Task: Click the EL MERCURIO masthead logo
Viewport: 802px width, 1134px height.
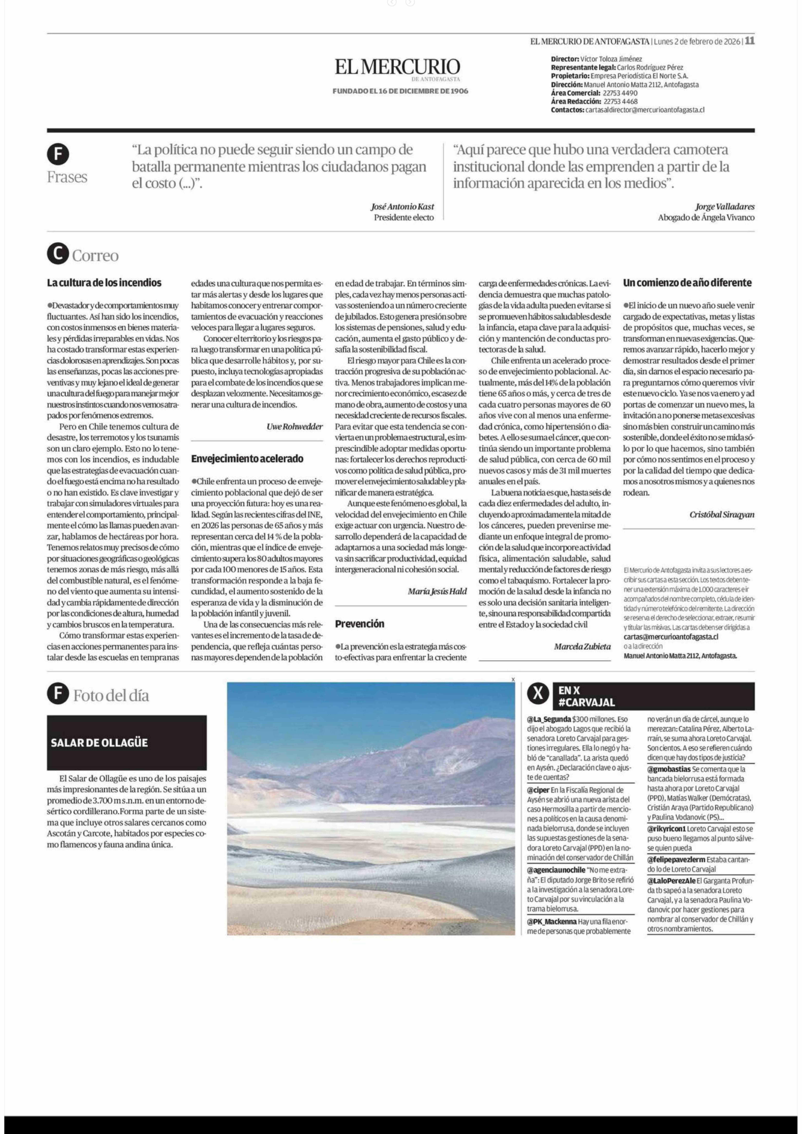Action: (x=398, y=67)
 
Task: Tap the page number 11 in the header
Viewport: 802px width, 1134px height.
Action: (x=750, y=41)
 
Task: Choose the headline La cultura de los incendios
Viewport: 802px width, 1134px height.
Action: (x=104, y=283)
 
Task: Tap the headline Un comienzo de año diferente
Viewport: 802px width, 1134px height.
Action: (x=687, y=283)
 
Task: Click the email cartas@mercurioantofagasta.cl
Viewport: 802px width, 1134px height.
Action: (x=671, y=637)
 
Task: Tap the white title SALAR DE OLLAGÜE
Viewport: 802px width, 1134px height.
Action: (x=99, y=742)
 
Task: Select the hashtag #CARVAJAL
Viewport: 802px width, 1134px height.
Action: (x=587, y=702)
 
